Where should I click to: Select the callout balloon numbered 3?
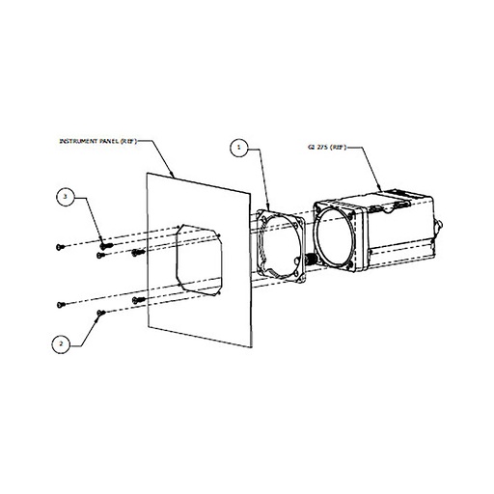(65, 198)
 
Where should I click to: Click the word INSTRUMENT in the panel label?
(81, 141)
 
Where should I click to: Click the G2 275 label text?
(316, 149)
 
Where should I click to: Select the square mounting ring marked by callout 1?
(284, 247)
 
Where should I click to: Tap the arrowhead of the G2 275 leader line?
(382, 186)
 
